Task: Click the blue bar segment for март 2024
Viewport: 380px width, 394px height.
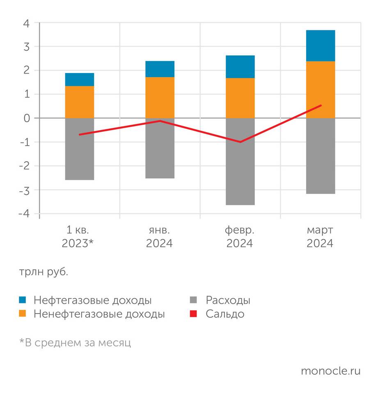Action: tap(320, 46)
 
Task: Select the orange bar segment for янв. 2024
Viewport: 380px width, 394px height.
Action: tap(160, 97)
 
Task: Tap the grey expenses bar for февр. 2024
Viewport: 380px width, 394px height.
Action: tap(240, 161)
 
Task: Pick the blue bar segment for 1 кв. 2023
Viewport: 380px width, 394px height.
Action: tap(80, 79)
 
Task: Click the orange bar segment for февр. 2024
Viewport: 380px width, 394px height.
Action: tap(240, 98)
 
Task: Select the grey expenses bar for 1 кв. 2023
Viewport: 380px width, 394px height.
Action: tap(80, 149)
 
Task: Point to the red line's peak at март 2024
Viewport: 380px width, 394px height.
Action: tap(320, 105)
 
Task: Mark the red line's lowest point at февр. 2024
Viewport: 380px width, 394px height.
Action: tap(240, 142)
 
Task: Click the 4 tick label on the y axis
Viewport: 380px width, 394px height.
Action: tap(26, 23)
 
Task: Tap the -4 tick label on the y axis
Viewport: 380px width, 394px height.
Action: tap(24, 214)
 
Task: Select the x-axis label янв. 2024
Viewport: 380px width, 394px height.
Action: tap(160, 236)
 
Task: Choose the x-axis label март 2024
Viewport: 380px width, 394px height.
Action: tap(320, 236)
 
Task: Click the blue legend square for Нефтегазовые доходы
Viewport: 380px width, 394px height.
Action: tap(23, 300)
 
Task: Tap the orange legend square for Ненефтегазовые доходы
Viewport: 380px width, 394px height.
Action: tap(23, 314)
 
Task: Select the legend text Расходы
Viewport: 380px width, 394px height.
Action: tap(228, 300)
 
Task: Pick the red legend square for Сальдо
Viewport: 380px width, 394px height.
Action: tap(194, 314)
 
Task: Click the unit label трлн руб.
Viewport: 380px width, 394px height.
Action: tap(43, 273)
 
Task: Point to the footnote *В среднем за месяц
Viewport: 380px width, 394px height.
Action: tap(75, 342)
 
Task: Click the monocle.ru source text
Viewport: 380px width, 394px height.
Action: tap(330, 371)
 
